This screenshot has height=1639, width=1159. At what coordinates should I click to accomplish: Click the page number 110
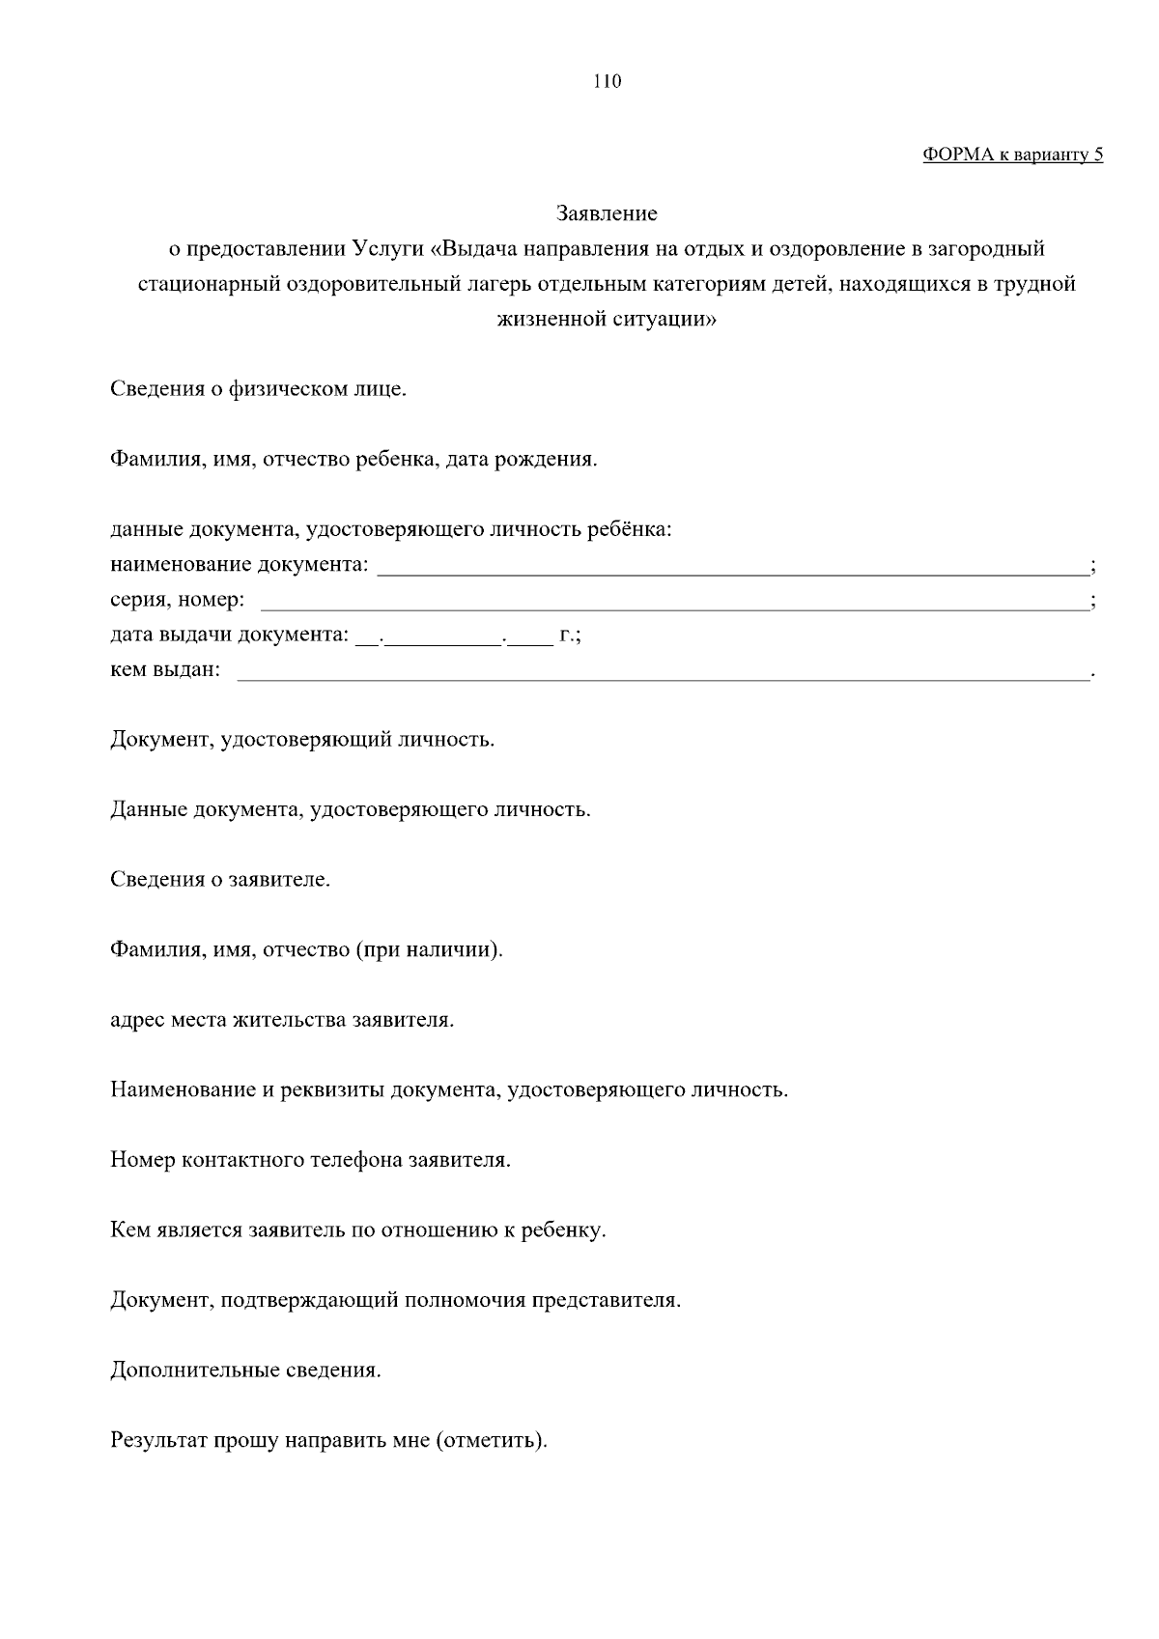coord(608,82)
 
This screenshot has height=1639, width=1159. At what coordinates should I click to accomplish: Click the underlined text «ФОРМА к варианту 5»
coord(1012,155)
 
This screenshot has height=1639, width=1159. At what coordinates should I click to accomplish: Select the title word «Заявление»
coord(608,213)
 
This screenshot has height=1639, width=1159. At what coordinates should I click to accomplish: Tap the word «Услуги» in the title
coord(388,249)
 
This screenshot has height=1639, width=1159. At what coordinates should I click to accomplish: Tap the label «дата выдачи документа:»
coord(229,636)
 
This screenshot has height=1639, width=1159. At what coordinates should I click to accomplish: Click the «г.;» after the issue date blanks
coord(570,636)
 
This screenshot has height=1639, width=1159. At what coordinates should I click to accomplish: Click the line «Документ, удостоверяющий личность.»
coord(302,741)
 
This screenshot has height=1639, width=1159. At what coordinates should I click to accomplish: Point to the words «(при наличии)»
coord(429,950)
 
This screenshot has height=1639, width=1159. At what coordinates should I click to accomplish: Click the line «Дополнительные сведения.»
coord(245,1371)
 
